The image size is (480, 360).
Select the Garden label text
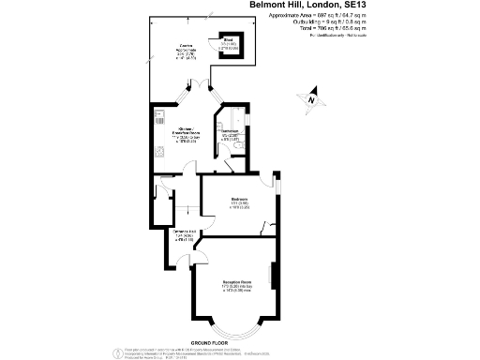click(187, 54)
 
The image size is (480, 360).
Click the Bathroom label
click(232, 137)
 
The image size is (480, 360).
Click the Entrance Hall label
click(184, 233)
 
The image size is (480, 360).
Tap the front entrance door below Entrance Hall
click(172, 248)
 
